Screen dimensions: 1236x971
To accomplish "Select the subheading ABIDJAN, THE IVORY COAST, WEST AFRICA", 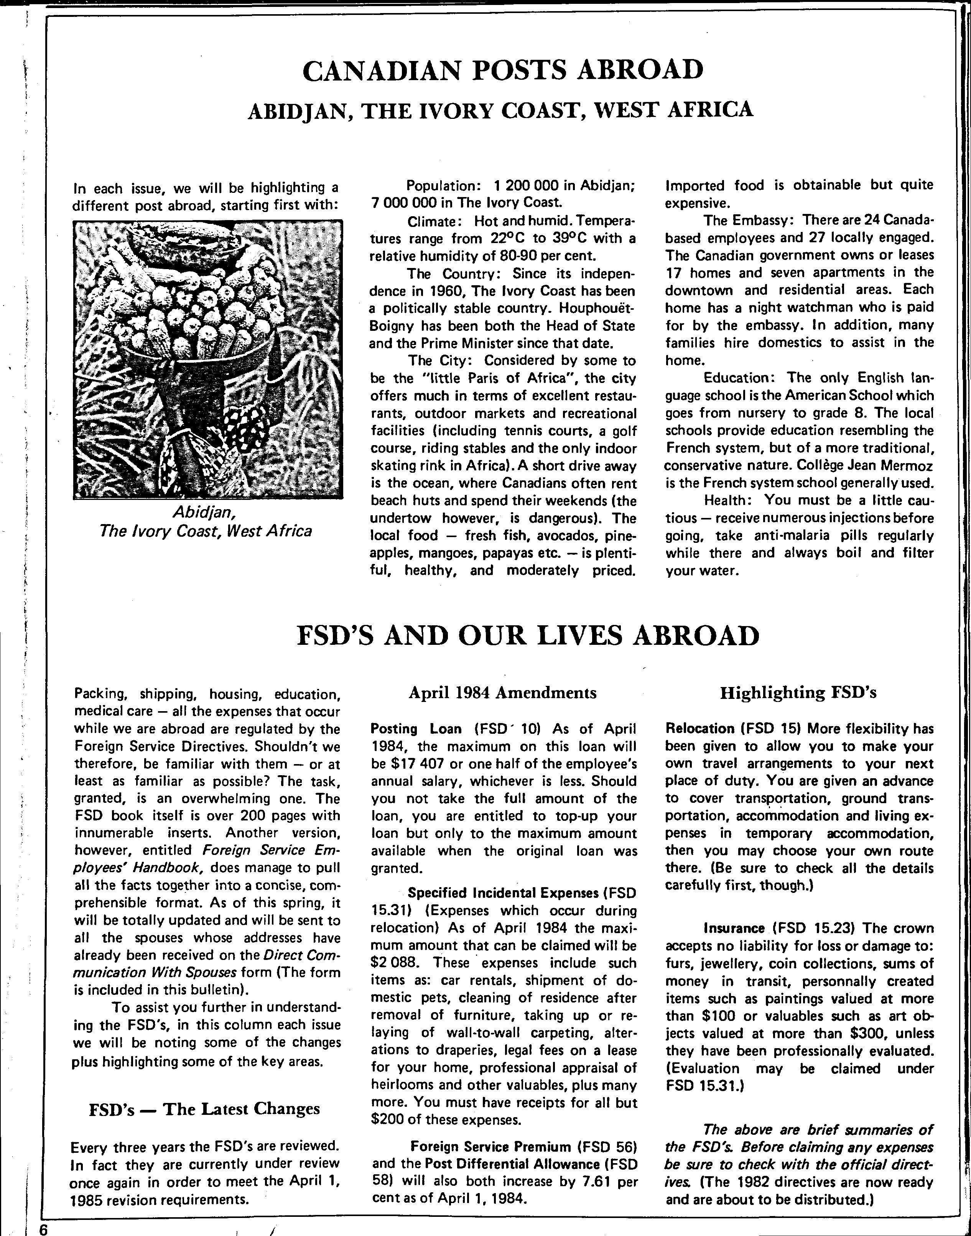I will (500, 110).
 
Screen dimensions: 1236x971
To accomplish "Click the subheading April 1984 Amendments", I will (502, 693).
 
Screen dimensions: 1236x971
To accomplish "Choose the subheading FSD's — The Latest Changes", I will (205, 1109).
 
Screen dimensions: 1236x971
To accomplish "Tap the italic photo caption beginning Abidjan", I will (205, 522).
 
